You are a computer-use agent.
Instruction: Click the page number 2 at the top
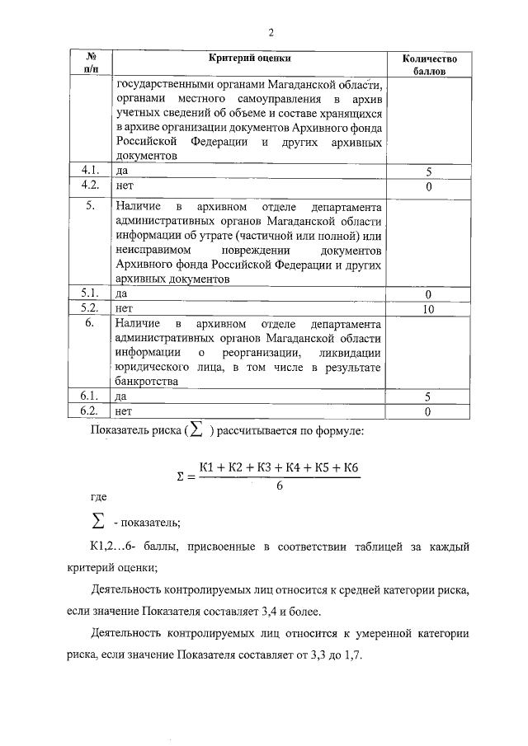point(270,32)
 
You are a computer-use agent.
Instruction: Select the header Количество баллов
point(429,65)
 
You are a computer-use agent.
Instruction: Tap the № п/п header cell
point(91,64)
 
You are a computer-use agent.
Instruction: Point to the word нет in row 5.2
point(125,309)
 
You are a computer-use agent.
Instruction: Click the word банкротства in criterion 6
point(147,382)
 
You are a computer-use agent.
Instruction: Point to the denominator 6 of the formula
point(280,486)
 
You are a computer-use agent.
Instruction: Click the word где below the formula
point(99,497)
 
